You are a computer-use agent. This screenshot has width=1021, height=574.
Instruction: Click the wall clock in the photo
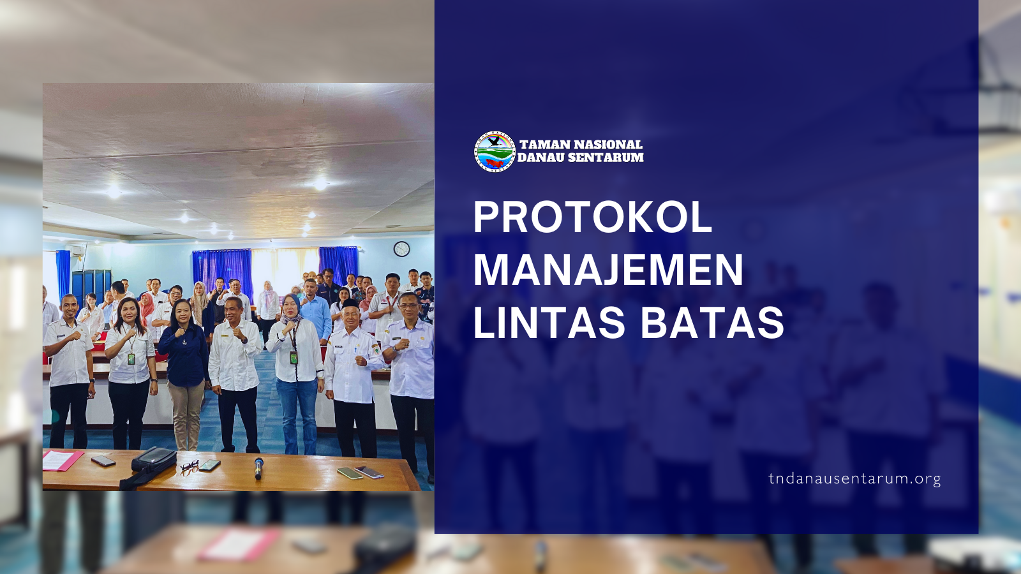pos(401,249)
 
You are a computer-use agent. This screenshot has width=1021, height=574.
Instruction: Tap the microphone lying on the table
pos(258,468)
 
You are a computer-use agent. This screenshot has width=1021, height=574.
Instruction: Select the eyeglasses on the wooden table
pos(189,467)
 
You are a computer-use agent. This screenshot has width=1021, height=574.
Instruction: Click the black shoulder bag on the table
pos(154,459)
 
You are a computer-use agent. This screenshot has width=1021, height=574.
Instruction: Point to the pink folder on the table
pos(63,460)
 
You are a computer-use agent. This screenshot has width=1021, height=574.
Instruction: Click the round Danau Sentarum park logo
pos(495,151)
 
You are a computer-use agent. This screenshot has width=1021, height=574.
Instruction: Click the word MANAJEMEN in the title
pos(609,270)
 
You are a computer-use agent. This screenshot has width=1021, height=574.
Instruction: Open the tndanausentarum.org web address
pos(854,479)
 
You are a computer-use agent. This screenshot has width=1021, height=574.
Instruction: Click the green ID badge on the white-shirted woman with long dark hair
pos(131,359)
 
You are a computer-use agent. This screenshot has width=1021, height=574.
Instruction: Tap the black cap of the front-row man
pos(351,304)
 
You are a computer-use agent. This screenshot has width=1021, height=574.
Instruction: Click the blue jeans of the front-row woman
pos(297,415)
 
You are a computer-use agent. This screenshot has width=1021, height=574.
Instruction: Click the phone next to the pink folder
pos(103,461)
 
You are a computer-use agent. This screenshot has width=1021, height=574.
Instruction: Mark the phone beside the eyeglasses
pos(210,465)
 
